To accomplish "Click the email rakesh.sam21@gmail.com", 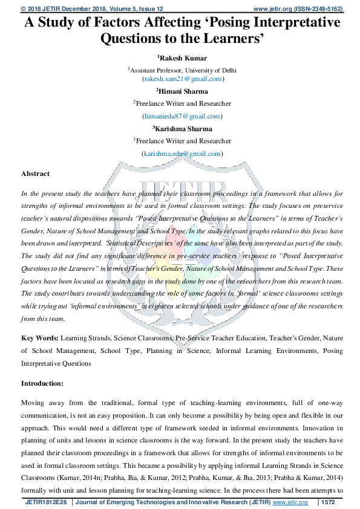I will pyautogui.click(x=182, y=79).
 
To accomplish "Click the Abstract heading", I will pyautogui.click(x=36, y=173).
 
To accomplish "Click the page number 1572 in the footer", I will pyautogui.click(x=327, y=502).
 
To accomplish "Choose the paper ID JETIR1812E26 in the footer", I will pyautogui.click(x=47, y=502).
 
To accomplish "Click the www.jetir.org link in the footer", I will pyautogui.click(x=290, y=502).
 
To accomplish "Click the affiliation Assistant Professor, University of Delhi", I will pyautogui.click(x=182, y=70).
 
